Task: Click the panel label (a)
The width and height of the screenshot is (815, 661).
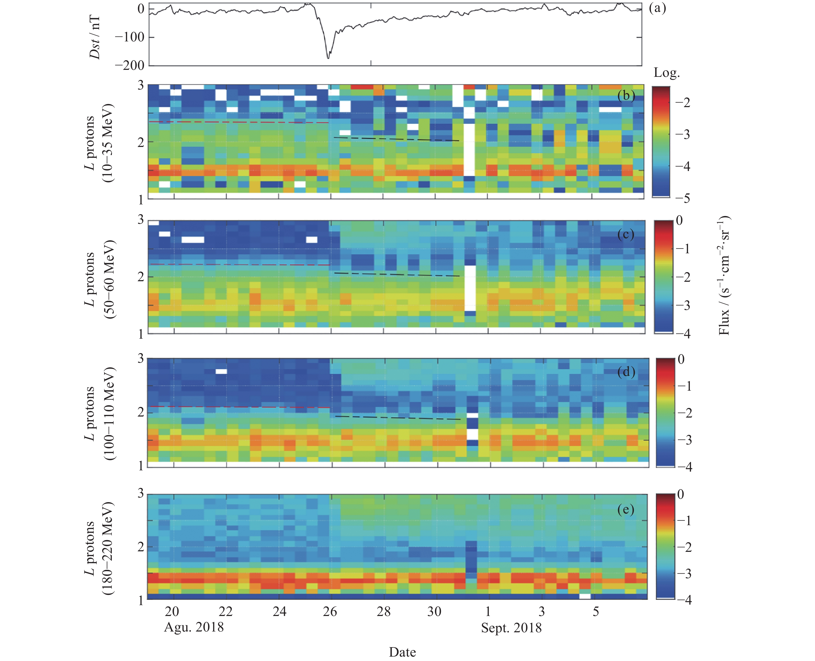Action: [657, 8]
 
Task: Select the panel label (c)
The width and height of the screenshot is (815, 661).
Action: [626, 234]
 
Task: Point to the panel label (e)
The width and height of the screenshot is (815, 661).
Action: [626, 509]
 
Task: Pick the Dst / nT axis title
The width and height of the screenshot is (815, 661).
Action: [95, 37]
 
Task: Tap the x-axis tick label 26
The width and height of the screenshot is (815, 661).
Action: [330, 612]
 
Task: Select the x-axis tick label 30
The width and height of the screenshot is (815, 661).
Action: [434, 612]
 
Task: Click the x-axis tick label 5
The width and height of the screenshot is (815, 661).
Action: [596, 612]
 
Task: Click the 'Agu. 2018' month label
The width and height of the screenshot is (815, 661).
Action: [194, 627]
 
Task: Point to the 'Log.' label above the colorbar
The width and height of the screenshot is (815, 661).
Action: [666, 73]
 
